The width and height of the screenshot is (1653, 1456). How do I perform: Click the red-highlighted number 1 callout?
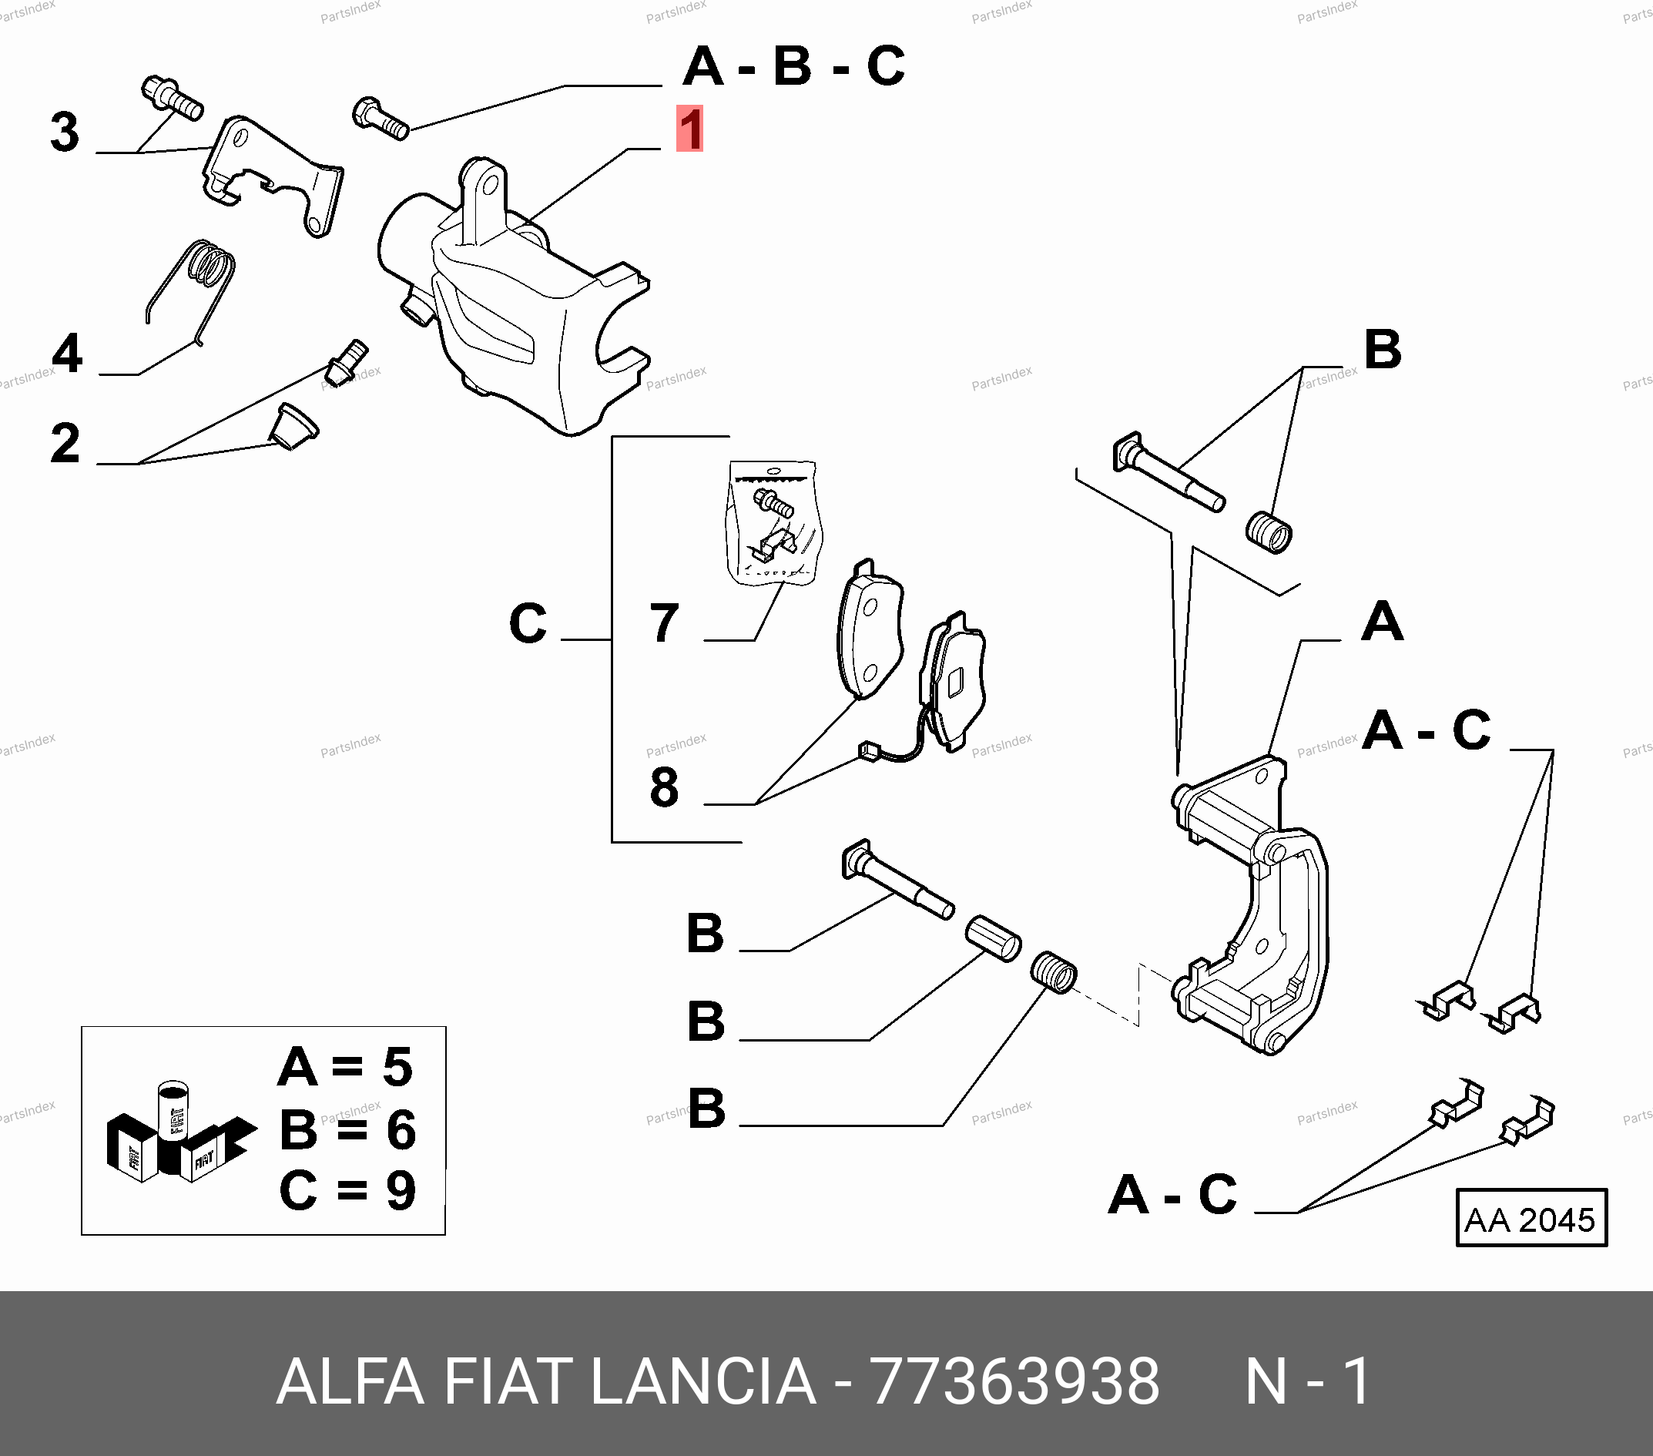(x=690, y=129)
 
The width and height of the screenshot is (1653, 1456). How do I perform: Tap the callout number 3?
(x=65, y=132)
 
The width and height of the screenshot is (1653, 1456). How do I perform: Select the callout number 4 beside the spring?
(x=67, y=354)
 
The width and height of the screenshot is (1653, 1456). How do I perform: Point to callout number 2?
(x=65, y=443)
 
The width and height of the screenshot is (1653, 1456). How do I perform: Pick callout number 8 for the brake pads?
(x=664, y=787)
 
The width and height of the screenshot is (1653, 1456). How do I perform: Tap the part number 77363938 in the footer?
(x=1014, y=1381)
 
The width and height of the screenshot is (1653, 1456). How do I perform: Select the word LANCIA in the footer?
(x=702, y=1381)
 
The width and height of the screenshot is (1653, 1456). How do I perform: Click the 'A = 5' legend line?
(x=345, y=1067)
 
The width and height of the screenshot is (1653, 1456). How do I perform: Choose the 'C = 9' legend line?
(x=347, y=1190)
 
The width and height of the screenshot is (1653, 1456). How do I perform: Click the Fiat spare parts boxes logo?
(x=179, y=1133)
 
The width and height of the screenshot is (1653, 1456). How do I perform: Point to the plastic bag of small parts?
(x=772, y=522)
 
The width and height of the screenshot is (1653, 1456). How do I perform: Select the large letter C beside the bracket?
(x=528, y=624)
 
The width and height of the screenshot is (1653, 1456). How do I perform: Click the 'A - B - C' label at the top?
(x=793, y=66)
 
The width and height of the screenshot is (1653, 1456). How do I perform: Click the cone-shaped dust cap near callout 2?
(x=293, y=425)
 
